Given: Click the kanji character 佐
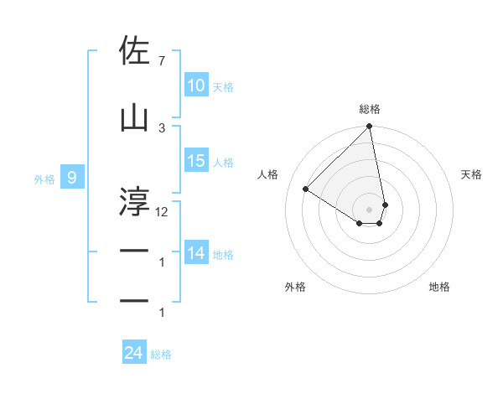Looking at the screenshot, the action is (x=135, y=52).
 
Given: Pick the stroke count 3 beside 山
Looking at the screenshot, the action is (x=162, y=127).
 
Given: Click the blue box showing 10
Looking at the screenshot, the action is (x=196, y=86).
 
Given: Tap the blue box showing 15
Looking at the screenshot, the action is (x=196, y=161).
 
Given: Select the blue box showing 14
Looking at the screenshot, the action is (x=196, y=253).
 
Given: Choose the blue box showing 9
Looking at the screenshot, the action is (x=72, y=178).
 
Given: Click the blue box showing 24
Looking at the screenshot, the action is (x=134, y=353).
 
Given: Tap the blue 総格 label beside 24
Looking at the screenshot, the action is (x=161, y=355).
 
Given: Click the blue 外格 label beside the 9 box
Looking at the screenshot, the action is (x=44, y=179).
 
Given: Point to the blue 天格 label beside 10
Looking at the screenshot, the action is (x=223, y=86).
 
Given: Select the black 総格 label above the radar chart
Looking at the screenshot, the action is (x=370, y=109).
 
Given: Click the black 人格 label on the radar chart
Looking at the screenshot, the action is (x=268, y=174).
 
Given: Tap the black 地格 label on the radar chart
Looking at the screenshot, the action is (x=439, y=287).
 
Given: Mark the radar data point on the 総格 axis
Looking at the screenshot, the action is (x=370, y=127).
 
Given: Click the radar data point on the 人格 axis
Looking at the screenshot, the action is (x=306, y=189).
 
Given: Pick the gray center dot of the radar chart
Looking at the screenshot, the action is (x=370, y=209).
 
